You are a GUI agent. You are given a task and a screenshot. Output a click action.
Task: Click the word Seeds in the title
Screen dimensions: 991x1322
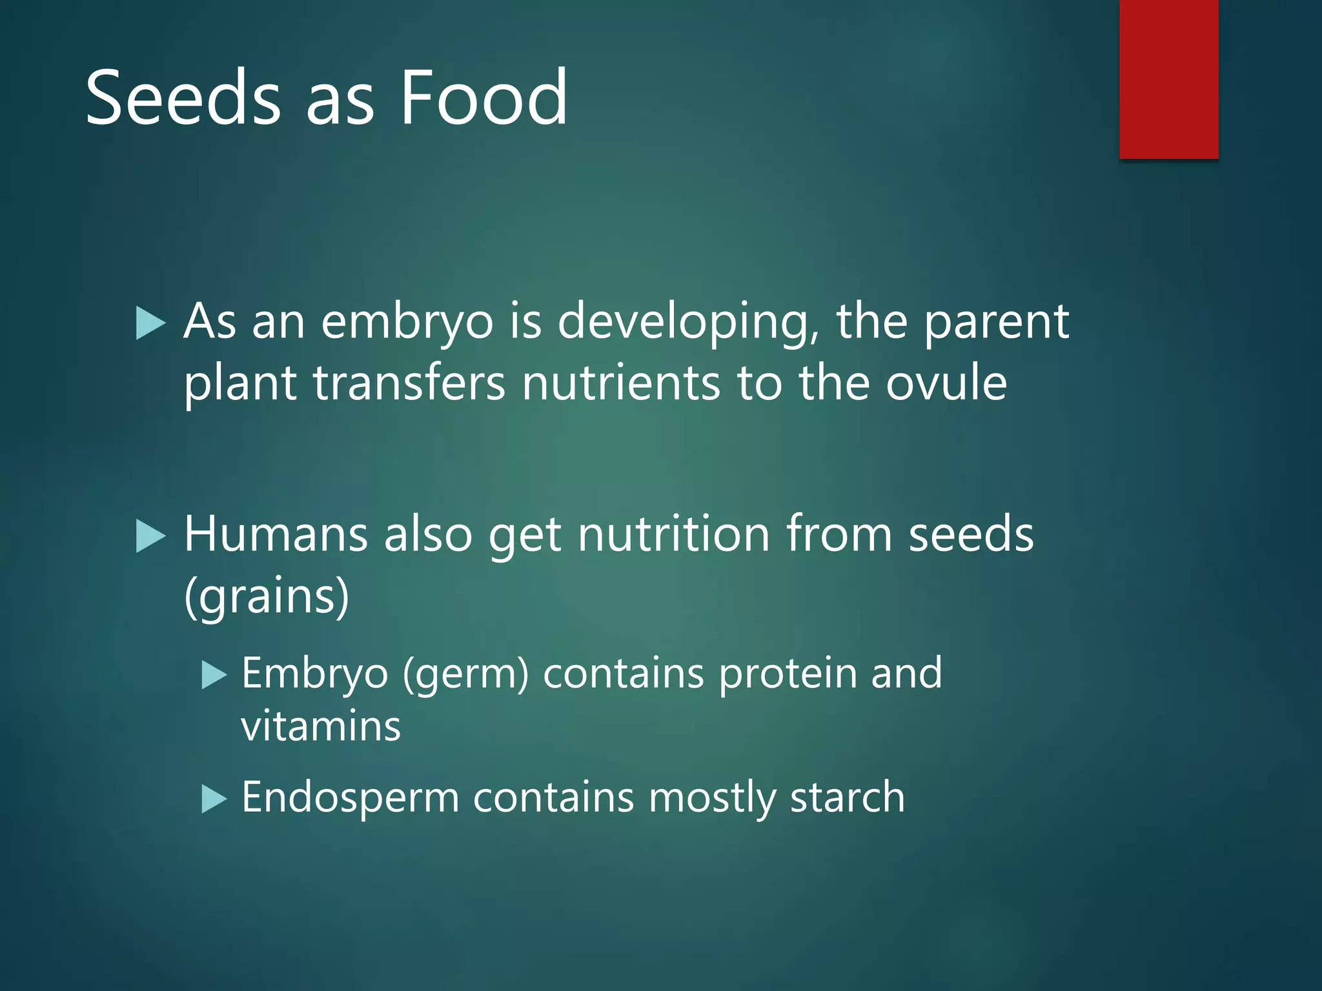click(183, 98)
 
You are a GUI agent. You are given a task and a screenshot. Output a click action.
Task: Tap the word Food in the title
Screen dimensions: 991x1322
click(483, 98)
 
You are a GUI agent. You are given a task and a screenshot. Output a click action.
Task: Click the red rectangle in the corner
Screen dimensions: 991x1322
click(1168, 79)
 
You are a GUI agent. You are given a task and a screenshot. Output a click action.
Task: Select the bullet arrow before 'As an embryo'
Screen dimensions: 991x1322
click(151, 323)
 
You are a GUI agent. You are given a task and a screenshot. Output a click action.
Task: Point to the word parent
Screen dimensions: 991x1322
click(996, 323)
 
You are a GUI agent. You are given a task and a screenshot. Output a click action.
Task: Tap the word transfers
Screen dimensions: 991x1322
click(409, 383)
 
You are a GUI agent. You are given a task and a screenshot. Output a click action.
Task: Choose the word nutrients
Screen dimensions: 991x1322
click(620, 383)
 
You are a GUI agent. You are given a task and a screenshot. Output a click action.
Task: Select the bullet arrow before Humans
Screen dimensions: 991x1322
click(151, 537)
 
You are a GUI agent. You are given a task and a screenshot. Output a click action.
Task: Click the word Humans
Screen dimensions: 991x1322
click(276, 536)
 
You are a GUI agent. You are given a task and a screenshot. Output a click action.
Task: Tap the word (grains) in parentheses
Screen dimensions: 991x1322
click(267, 596)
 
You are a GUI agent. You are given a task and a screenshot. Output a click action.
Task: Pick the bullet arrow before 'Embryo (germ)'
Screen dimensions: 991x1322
click(214, 676)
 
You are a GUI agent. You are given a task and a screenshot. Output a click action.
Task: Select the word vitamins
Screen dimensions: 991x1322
click(321, 726)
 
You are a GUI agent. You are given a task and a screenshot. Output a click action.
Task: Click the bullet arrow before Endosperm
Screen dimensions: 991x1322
click(214, 799)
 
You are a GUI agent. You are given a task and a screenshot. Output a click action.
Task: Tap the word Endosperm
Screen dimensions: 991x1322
click(350, 798)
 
